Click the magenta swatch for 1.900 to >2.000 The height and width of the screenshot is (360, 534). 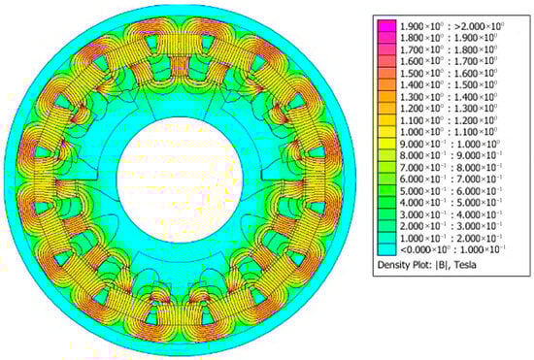pyautogui.click(x=386, y=25)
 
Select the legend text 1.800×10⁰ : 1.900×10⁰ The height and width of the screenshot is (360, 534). pyautogui.click(x=449, y=38)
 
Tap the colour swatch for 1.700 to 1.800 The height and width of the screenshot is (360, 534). pyautogui.click(x=386, y=49)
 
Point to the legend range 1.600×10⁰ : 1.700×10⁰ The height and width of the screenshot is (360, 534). pyautogui.click(x=449, y=61)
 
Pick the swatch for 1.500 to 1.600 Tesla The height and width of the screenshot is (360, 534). pyautogui.click(x=386, y=73)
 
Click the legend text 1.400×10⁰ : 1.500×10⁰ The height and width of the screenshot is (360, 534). pyautogui.click(x=449, y=84)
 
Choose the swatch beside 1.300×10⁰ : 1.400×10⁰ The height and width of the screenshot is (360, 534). pyautogui.click(x=386, y=96)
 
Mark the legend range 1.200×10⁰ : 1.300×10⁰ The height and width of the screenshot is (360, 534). pyautogui.click(x=449, y=109)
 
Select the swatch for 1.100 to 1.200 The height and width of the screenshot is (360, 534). pyautogui.click(x=386, y=120)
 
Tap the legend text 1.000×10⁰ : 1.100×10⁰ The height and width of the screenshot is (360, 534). pyautogui.click(x=449, y=132)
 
